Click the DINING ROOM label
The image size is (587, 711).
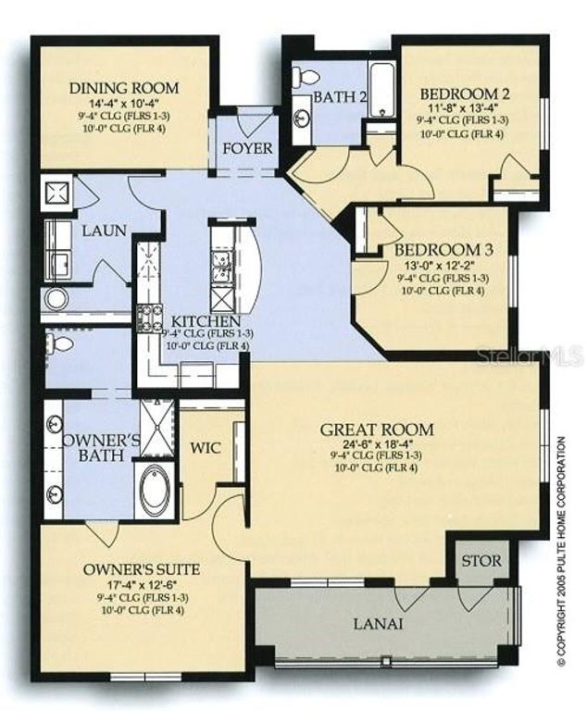point(124,89)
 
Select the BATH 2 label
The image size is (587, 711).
point(334,96)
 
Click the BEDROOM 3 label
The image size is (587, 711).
point(443,250)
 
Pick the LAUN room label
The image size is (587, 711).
point(102,231)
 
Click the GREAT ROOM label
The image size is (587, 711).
point(377,430)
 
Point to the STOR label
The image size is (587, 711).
point(481,561)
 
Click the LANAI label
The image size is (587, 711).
point(378,624)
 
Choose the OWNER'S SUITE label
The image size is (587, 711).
point(142,568)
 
